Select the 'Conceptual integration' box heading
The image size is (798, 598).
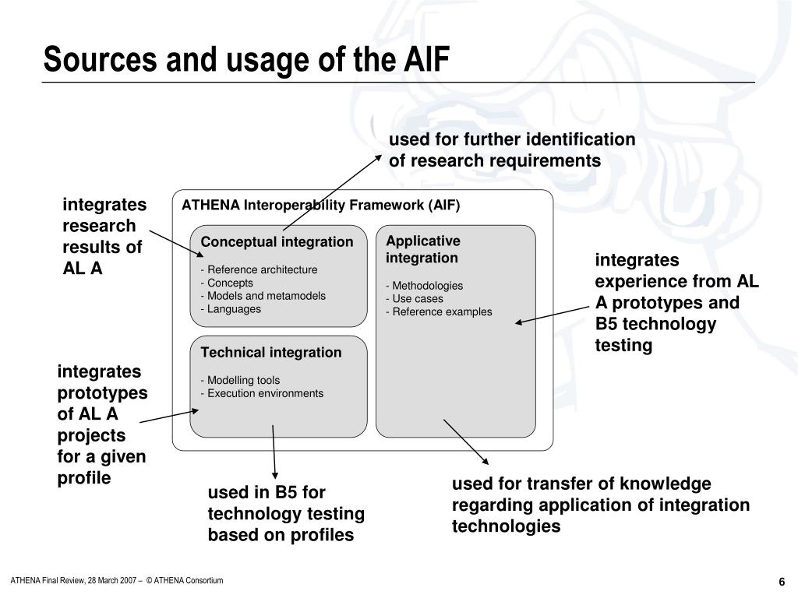[277, 242]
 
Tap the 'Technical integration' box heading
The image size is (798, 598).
[271, 353]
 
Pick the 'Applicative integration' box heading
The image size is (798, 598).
[422, 249]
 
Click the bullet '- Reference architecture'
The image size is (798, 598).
[260, 269]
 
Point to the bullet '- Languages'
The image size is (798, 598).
[231, 309]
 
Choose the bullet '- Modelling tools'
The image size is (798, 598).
[241, 380]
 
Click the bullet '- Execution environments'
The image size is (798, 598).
[262, 393]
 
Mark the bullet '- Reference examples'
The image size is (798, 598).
[440, 311]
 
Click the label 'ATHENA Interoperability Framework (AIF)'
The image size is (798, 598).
[321, 206]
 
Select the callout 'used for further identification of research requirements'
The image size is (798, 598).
[512, 149]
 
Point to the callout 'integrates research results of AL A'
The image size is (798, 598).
[104, 237]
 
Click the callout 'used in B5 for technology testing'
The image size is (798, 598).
[285, 514]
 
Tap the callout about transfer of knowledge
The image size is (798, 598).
[600, 505]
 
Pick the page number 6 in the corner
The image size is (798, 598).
[781, 582]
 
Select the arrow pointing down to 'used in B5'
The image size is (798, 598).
[274, 452]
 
